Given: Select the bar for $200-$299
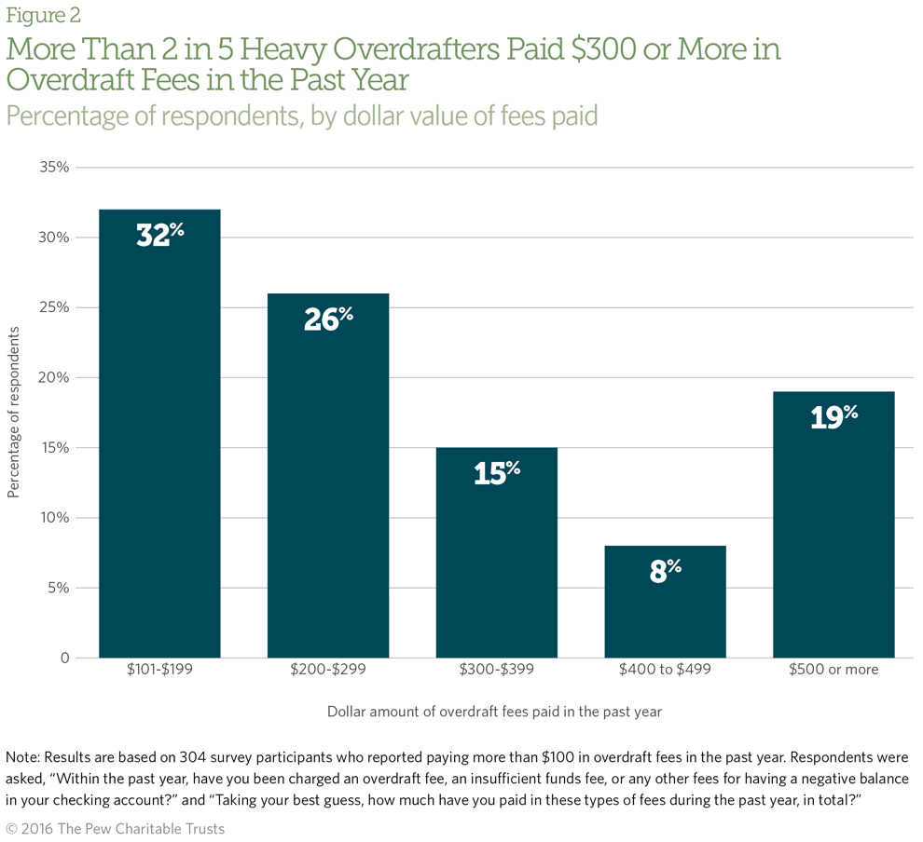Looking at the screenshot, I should (328, 475).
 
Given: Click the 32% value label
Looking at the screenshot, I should (159, 235).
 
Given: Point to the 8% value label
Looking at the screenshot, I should (665, 570).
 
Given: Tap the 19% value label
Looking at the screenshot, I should (833, 416).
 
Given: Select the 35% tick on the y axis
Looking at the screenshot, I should (54, 168).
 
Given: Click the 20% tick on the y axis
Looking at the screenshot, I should (54, 377).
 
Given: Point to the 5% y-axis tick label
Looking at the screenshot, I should (58, 588).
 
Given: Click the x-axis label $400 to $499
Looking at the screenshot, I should (665, 670).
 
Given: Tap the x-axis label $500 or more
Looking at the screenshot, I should (833, 670).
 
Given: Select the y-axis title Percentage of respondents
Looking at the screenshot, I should (13, 413).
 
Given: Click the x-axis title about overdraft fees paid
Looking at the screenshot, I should (494, 712).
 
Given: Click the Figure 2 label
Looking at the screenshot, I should (43, 15).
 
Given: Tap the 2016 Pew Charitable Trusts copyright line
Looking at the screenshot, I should (116, 828).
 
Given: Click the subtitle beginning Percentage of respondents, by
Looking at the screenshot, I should (301, 115).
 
